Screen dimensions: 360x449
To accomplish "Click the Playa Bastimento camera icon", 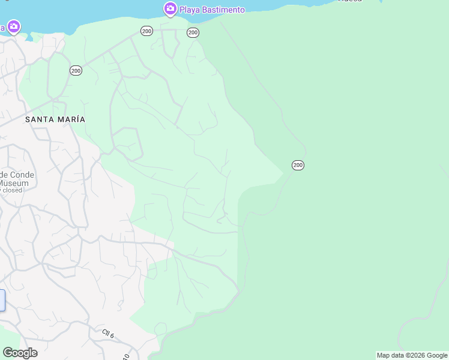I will [x=170, y=8].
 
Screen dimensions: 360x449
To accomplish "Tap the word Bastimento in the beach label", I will [x=223, y=10].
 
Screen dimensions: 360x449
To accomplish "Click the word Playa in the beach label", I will [x=190, y=10].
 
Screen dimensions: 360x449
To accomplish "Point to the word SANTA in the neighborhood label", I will [x=38, y=119].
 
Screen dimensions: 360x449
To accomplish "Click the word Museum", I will [x=14, y=183].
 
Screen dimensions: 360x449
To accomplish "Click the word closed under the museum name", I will [x=13, y=190].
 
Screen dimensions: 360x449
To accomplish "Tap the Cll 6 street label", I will [x=108, y=333].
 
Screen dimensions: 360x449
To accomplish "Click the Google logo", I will [x=20, y=353].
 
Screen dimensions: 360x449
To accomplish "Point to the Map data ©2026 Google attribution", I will [x=412, y=355].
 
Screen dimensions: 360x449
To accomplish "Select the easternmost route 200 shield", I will [x=298, y=165].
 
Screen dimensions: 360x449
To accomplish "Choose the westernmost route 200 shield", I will [x=76, y=71].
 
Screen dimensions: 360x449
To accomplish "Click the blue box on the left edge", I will [x=2, y=300].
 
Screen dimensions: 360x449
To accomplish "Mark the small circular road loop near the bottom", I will [x=160, y=329].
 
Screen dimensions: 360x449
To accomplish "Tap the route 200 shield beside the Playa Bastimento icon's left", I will [x=146, y=31].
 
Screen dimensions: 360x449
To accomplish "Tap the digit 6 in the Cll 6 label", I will [x=112, y=335].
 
